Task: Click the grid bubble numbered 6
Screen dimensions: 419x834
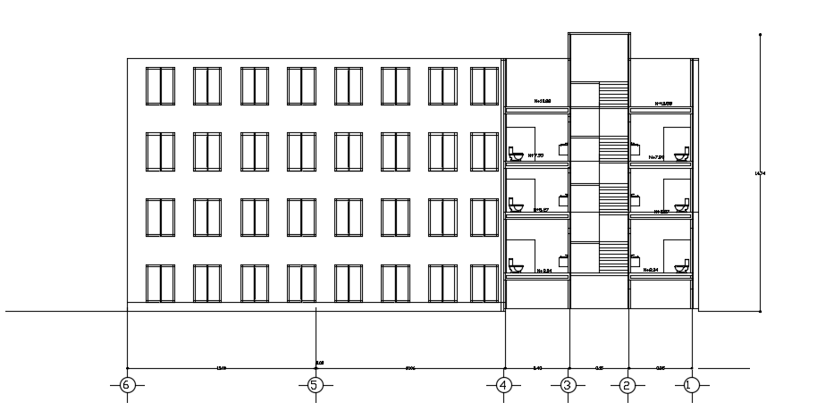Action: click(x=127, y=385)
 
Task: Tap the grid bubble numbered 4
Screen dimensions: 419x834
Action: click(x=505, y=385)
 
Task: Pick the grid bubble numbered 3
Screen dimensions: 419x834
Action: click(x=568, y=385)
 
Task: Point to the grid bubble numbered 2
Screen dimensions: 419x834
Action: click(x=628, y=385)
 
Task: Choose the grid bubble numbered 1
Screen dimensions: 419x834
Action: click(x=690, y=385)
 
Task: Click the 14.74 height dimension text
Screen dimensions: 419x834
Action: click(x=761, y=173)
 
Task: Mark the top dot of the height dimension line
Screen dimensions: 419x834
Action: click(x=760, y=35)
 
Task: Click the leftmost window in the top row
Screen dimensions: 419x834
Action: click(x=160, y=86)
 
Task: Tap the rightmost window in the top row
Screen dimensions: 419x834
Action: click(x=484, y=86)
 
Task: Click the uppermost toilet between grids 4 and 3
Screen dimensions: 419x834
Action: click(x=515, y=154)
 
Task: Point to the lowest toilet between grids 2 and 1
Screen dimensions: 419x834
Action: click(x=681, y=265)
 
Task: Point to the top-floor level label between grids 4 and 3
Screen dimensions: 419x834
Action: click(x=543, y=102)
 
